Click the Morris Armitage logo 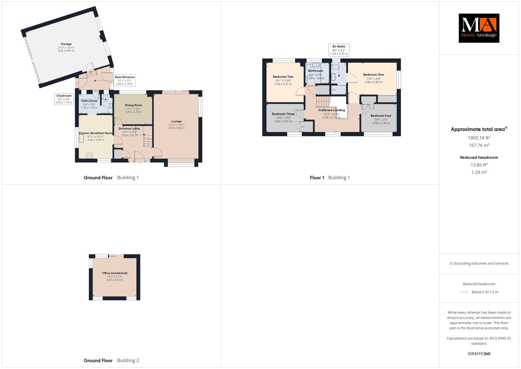point(479,28)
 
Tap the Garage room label point(66,44)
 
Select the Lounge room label point(176,121)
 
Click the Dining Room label point(134,105)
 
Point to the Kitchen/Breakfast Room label point(96,133)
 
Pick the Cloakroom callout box point(64,99)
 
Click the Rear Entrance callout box point(125,80)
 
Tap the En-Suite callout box point(339,50)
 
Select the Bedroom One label point(373,75)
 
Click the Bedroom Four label point(381,116)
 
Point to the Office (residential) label point(115,273)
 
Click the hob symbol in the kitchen point(89,155)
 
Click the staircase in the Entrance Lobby point(148,142)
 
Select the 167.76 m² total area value point(479,145)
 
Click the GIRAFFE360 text point(479,354)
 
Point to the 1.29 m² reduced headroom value point(479,172)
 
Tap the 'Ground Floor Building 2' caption point(111,360)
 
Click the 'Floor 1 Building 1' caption point(330,178)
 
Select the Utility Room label point(89,101)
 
